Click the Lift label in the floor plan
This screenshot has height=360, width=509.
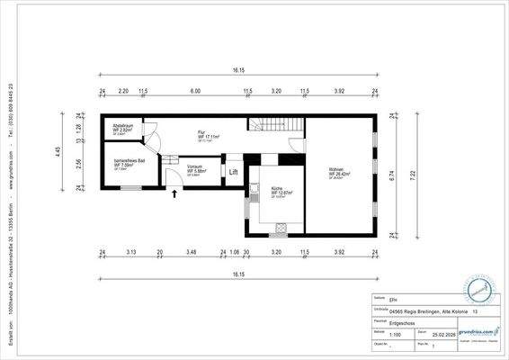pos(233,171)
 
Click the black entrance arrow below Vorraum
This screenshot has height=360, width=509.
pos(173,192)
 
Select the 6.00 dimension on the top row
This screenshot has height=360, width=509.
pos(194,91)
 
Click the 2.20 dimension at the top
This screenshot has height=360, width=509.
pos(123,91)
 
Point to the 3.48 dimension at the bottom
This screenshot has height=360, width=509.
pos(191,252)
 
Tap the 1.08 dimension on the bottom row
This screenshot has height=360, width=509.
pos(235,252)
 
